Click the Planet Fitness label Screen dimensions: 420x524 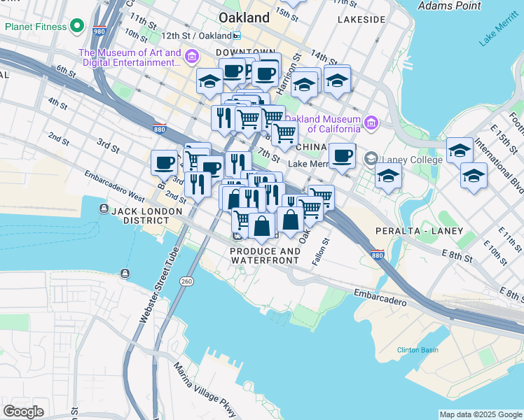[x=36, y=27]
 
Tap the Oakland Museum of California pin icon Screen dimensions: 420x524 [x=371, y=124]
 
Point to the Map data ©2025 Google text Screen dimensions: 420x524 [x=481, y=414]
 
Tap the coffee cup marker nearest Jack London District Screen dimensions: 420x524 [x=164, y=163]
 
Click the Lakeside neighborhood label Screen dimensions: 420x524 [x=361, y=20]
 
